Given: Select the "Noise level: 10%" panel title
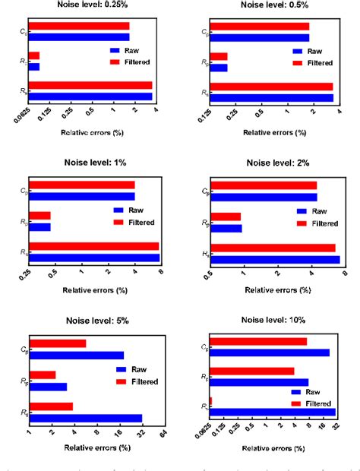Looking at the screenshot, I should point(274,321).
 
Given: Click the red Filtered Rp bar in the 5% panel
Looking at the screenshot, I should point(42,375).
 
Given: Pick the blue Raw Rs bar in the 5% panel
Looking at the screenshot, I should point(86,418).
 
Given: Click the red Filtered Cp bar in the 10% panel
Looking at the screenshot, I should point(258,341).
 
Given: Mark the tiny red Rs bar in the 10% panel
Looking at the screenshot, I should point(210,400).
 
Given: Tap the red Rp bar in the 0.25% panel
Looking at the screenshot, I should point(34,55).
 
